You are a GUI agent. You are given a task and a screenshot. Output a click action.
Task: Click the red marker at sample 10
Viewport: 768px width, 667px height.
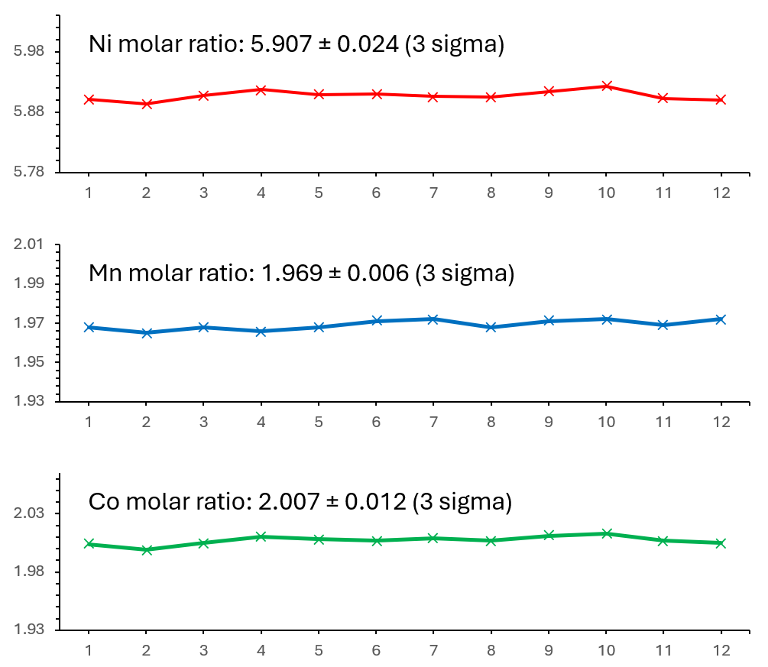click(x=606, y=86)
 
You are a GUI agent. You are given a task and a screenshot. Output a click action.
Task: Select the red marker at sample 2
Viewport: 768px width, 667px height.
click(x=147, y=104)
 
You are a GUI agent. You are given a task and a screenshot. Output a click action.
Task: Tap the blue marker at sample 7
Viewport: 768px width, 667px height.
click(x=433, y=319)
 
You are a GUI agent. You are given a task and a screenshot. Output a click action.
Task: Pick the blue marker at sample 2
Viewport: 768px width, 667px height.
click(x=147, y=333)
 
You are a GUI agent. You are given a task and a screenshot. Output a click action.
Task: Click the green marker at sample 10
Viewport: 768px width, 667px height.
click(x=606, y=533)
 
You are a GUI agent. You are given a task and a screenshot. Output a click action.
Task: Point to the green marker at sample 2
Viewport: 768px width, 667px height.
click(x=147, y=550)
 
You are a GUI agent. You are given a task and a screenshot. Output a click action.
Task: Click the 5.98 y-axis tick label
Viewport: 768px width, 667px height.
click(x=29, y=51)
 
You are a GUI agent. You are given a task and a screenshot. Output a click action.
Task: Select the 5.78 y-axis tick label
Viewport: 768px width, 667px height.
click(x=29, y=171)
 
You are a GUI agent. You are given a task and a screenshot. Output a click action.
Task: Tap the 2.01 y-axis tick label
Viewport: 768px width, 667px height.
click(x=29, y=244)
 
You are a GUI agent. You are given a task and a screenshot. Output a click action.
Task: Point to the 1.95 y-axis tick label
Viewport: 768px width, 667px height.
click(x=29, y=362)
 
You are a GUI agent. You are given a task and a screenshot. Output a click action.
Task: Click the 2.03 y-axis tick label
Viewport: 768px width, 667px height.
click(x=29, y=513)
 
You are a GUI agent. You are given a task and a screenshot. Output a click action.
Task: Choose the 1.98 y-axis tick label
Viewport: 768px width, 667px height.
click(x=29, y=571)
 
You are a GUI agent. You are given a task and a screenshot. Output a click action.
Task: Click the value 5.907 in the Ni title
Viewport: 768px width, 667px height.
click(x=281, y=44)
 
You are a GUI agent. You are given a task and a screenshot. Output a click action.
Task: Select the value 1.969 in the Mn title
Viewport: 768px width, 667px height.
click(x=292, y=274)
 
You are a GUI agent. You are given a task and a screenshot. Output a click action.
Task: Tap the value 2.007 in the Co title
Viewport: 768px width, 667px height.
click(x=289, y=502)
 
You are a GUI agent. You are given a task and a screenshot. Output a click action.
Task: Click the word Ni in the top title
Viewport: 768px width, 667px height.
click(x=100, y=44)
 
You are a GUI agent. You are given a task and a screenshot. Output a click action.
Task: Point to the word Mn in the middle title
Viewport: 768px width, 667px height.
click(x=105, y=274)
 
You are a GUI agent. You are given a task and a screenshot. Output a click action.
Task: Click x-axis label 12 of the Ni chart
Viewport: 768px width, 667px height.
click(x=721, y=193)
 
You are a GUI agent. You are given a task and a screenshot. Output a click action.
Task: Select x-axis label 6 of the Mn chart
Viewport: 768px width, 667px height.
click(x=376, y=423)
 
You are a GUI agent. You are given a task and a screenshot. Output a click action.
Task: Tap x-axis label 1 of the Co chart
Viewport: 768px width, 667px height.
click(x=89, y=650)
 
